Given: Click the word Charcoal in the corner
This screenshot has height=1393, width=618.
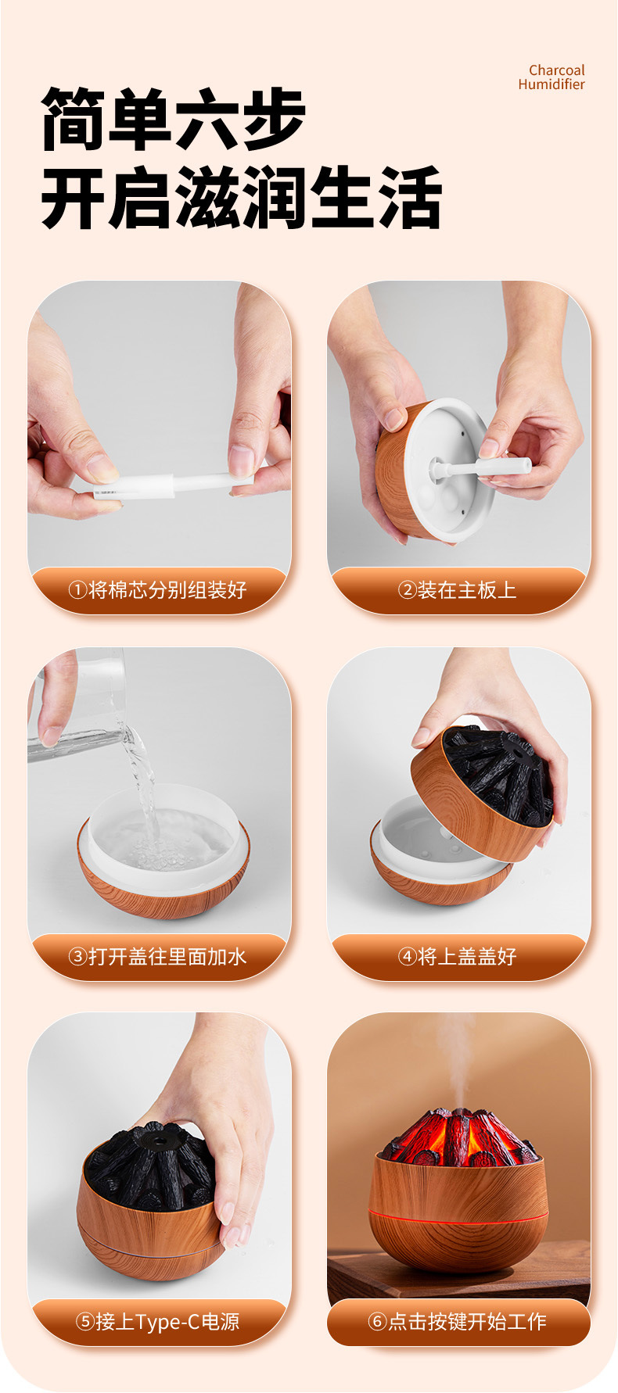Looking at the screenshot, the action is [x=556, y=70].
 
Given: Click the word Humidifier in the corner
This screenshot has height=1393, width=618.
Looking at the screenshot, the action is [x=552, y=84].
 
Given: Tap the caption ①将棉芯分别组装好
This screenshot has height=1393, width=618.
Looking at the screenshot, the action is [x=157, y=589].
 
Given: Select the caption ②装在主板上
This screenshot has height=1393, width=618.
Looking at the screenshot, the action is [x=457, y=589].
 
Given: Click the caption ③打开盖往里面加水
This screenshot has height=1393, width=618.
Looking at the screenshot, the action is [x=157, y=955].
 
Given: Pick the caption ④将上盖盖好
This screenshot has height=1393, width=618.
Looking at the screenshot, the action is [x=457, y=955].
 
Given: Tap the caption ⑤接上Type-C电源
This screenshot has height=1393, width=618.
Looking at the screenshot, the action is [x=157, y=1321].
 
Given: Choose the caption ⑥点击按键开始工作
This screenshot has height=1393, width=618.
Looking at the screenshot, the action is [x=457, y=1321].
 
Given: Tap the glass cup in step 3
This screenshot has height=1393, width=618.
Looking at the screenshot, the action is [x=75, y=704].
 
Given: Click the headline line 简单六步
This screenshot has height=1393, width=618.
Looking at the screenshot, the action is [x=173, y=119].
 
